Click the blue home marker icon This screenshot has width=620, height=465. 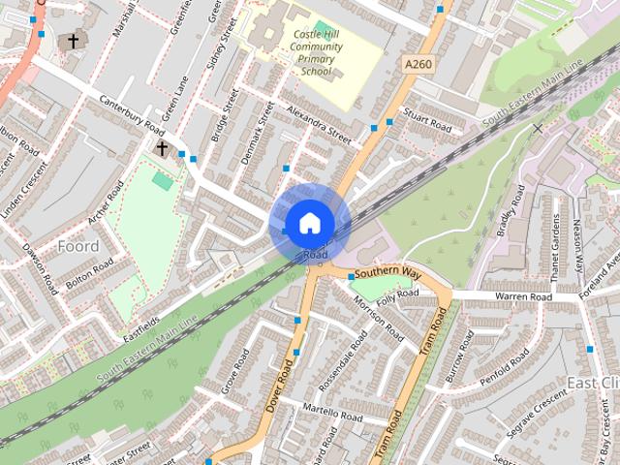[x=309, y=223]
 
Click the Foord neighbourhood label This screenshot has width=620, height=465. [x=77, y=246]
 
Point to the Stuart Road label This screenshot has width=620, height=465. [x=428, y=123]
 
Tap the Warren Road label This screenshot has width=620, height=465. [x=522, y=295]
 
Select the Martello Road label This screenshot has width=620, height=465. [x=331, y=414]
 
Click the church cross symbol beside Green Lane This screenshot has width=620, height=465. [x=163, y=148]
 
